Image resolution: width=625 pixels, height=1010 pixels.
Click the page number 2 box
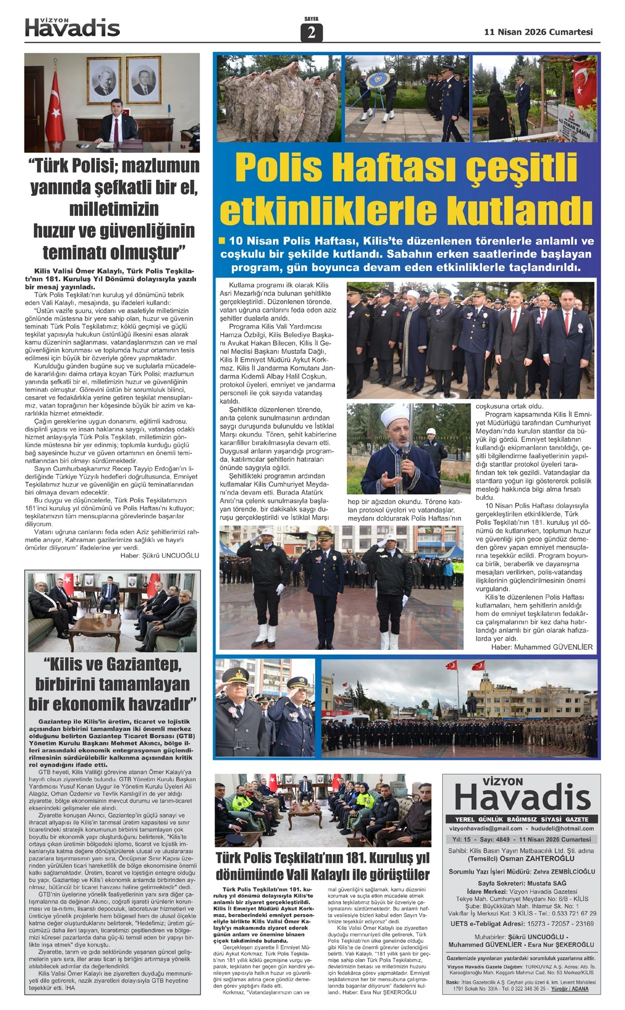(311, 33)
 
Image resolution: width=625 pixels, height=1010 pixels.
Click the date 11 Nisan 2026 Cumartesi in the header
(538, 32)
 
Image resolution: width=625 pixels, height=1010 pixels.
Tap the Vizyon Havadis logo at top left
(72, 28)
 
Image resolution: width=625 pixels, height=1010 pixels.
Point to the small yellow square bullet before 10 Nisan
(222, 241)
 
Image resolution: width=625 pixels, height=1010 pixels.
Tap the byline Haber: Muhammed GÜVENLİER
(542, 647)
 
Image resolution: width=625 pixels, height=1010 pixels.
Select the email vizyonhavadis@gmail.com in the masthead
(485, 828)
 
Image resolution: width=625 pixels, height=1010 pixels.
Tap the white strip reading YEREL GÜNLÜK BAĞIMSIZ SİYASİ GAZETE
(521, 819)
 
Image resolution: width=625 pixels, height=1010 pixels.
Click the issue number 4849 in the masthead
(502, 840)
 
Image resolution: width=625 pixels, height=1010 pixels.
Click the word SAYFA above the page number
(311, 19)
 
